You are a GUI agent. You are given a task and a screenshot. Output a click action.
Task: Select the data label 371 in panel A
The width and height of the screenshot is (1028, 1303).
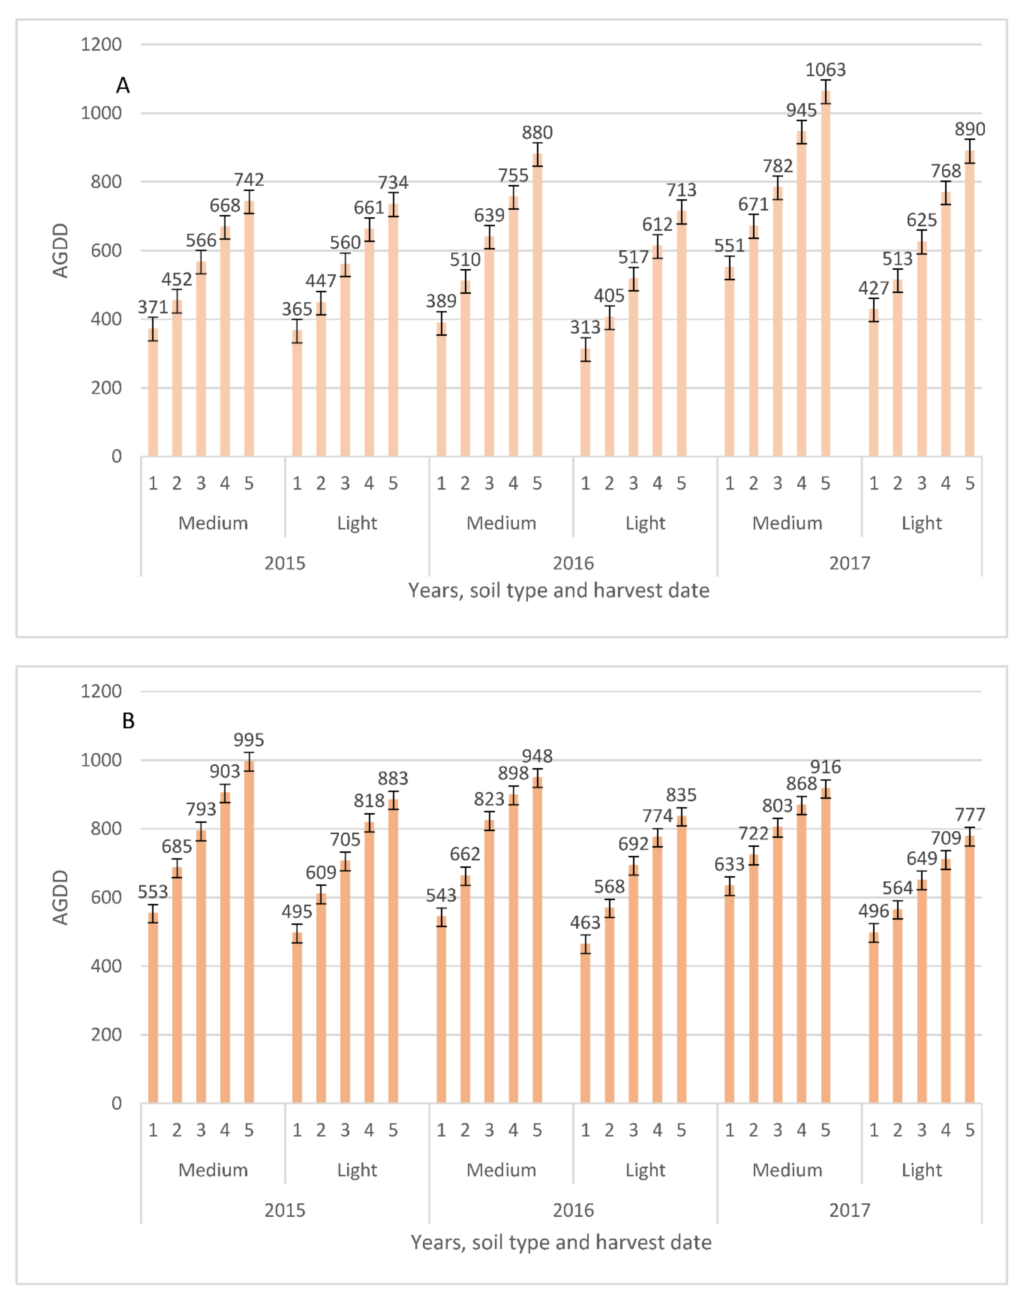153,308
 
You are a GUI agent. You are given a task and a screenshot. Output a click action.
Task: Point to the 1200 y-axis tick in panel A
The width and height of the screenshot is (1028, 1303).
101,45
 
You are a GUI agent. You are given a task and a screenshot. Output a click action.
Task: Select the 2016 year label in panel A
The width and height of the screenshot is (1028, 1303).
573,563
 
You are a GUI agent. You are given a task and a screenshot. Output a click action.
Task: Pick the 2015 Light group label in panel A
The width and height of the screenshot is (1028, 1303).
357,523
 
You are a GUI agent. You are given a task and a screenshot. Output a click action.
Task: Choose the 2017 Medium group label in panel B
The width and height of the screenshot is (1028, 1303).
787,1170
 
